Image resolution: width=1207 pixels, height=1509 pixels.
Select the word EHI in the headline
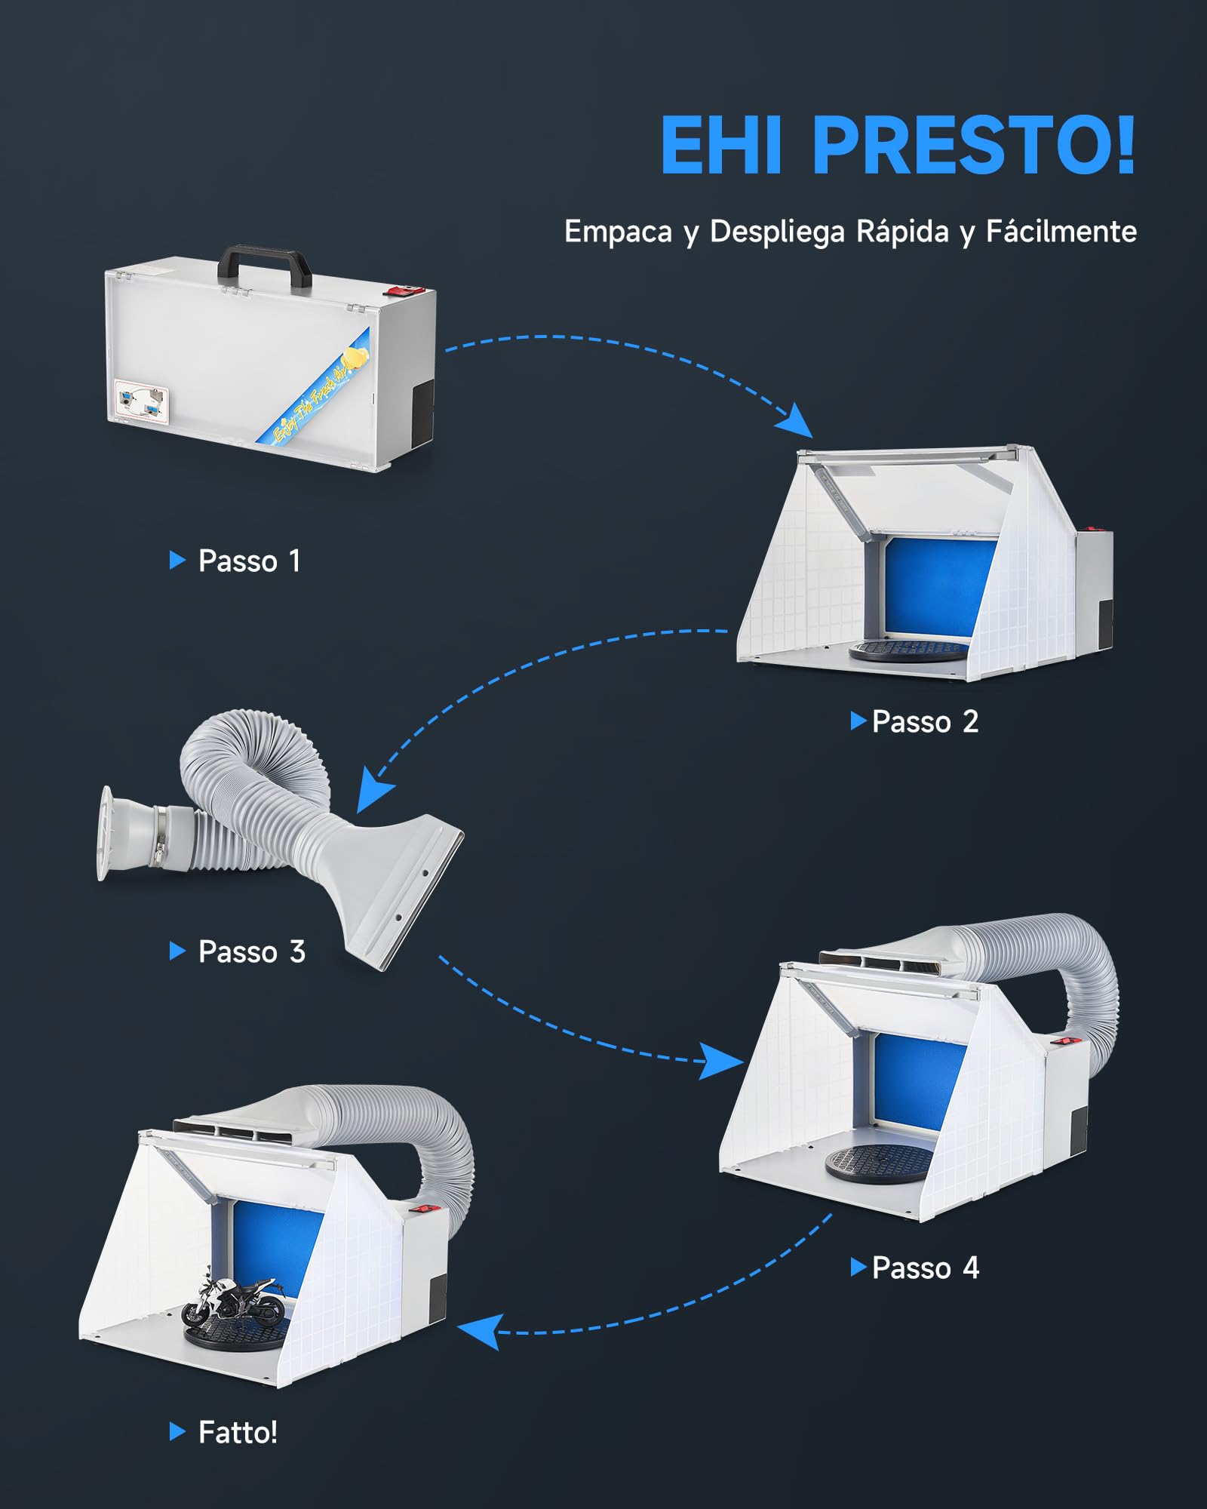[x=721, y=146]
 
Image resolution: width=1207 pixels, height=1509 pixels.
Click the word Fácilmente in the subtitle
[x=1061, y=232]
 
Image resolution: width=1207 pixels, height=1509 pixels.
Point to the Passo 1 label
[x=249, y=561]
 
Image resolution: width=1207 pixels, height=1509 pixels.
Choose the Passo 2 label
[x=925, y=721]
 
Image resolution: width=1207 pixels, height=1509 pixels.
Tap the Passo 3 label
[x=251, y=951]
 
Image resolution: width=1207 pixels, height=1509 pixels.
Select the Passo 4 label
[x=925, y=1268]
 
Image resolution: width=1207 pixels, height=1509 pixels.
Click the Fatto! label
[x=238, y=1432]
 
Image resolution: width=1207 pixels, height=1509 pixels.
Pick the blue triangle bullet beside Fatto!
[x=177, y=1431]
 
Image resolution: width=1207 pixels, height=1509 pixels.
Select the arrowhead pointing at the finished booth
[x=480, y=1331]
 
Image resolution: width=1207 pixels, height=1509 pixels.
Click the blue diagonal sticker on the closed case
[x=312, y=386]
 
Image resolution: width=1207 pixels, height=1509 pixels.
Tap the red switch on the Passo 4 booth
[x=1064, y=1042]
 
